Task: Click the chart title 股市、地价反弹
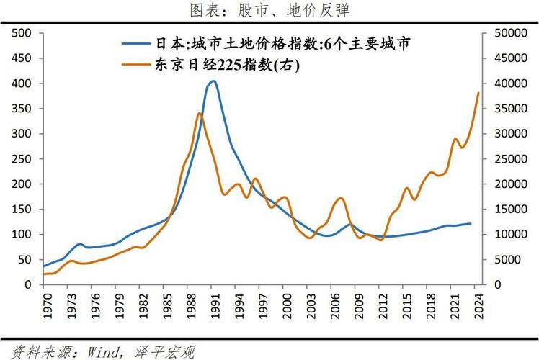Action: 270,11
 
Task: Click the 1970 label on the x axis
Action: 48,305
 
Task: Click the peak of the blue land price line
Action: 213,81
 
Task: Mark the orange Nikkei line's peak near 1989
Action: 199,113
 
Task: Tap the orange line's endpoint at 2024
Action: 478,92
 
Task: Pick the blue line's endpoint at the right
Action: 471,223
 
